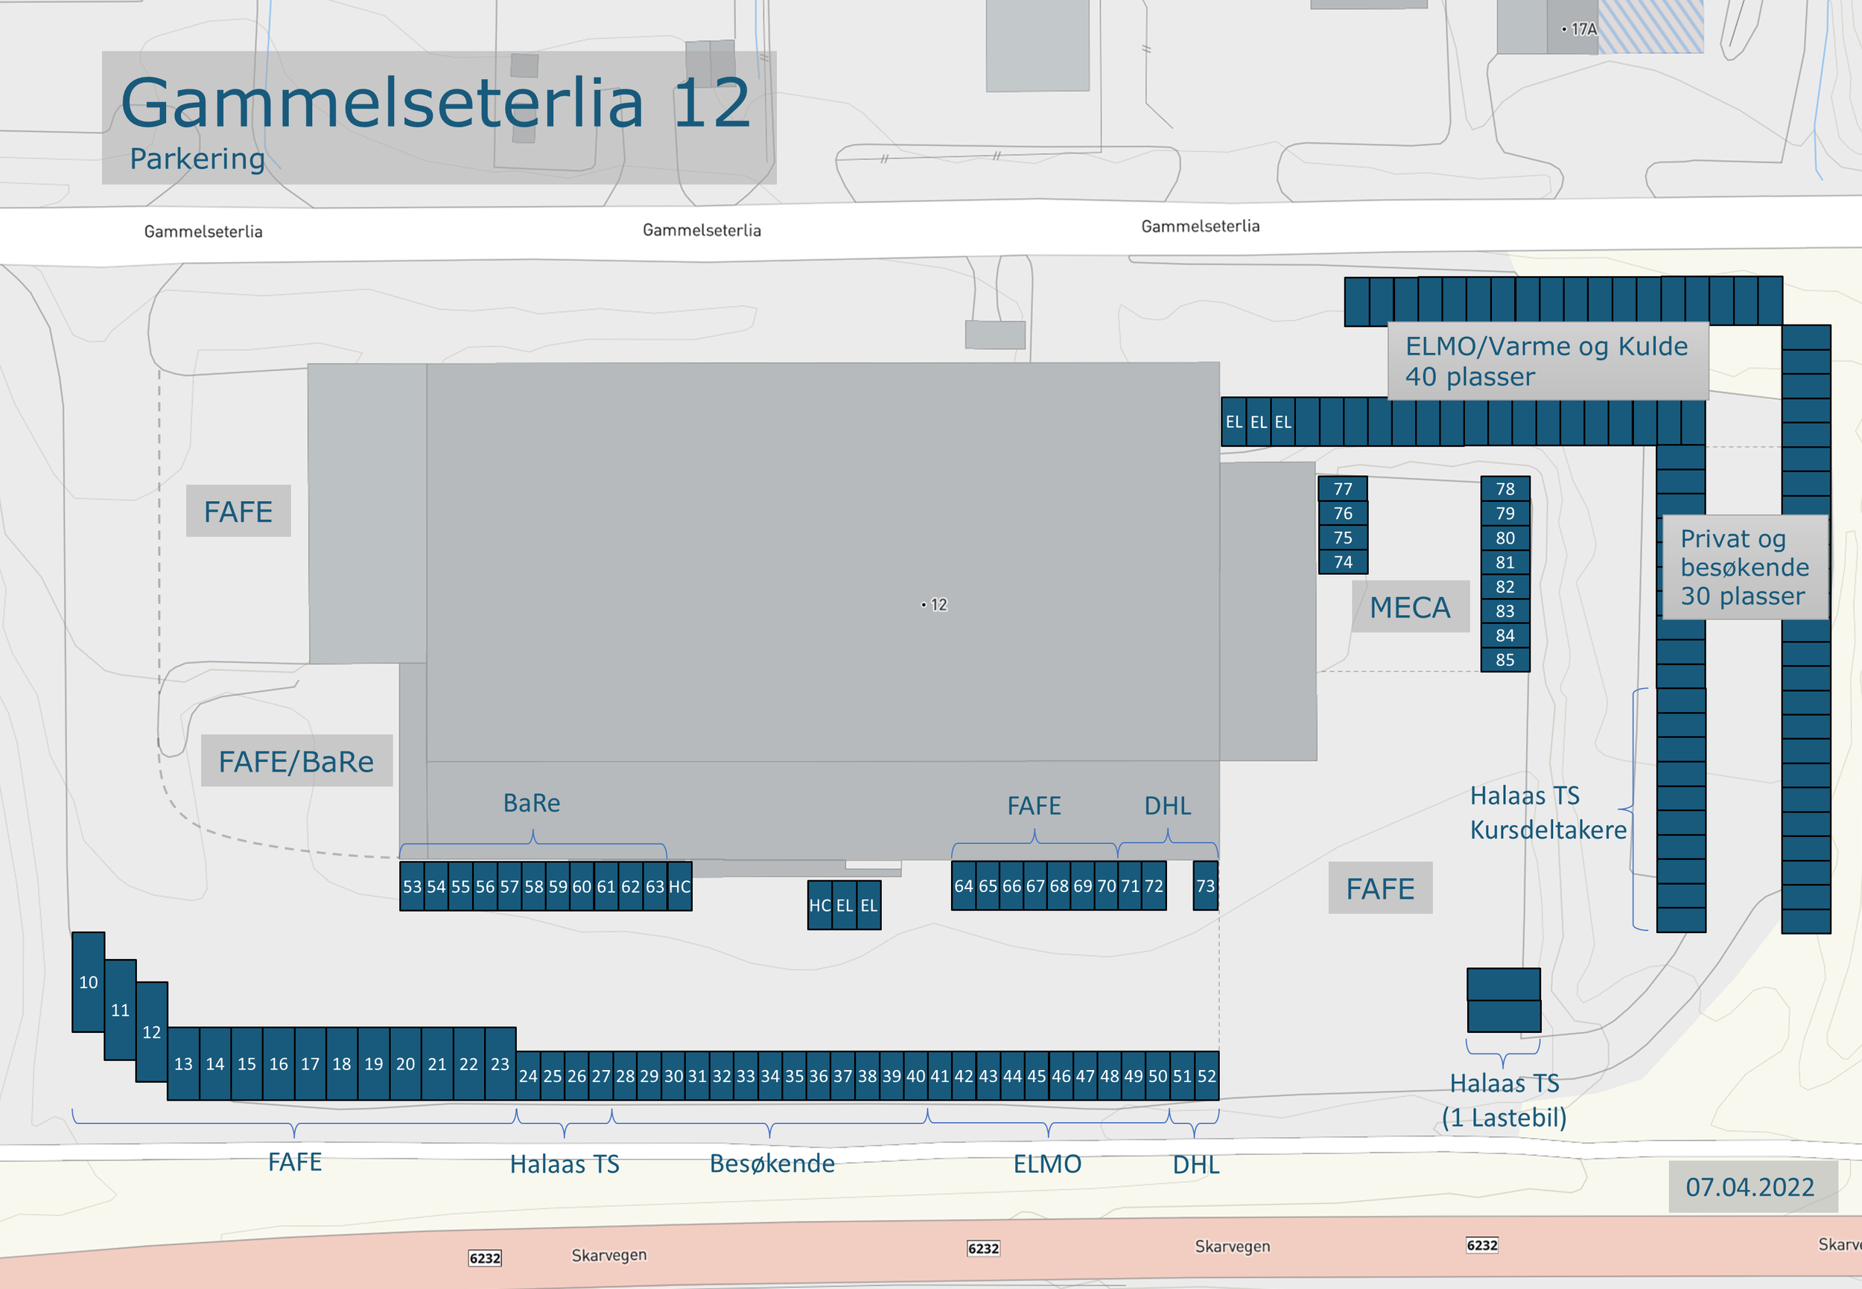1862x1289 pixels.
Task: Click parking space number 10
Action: (88, 982)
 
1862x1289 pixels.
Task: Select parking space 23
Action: (500, 1063)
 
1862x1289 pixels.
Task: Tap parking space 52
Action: (1206, 1076)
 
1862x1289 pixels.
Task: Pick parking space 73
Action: (1205, 886)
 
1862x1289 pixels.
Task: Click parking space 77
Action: (1343, 488)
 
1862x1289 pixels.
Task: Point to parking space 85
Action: (1504, 660)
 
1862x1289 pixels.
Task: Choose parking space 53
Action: (412, 887)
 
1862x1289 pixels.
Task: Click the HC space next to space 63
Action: (679, 887)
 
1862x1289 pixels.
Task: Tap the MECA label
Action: (1410, 608)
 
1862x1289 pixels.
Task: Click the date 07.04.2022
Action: (1749, 1186)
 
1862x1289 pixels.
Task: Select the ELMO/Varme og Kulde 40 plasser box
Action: (1546, 361)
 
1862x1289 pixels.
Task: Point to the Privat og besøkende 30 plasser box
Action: (1744, 567)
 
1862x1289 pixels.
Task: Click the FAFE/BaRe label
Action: (296, 761)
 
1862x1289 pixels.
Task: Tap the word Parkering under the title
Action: (197, 159)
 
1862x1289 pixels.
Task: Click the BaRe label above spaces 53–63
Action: (532, 803)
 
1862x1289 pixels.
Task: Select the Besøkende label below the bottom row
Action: (772, 1163)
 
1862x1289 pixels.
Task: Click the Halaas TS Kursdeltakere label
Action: (1547, 812)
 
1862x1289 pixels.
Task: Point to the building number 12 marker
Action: (935, 604)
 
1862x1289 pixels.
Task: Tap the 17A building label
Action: (1582, 29)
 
